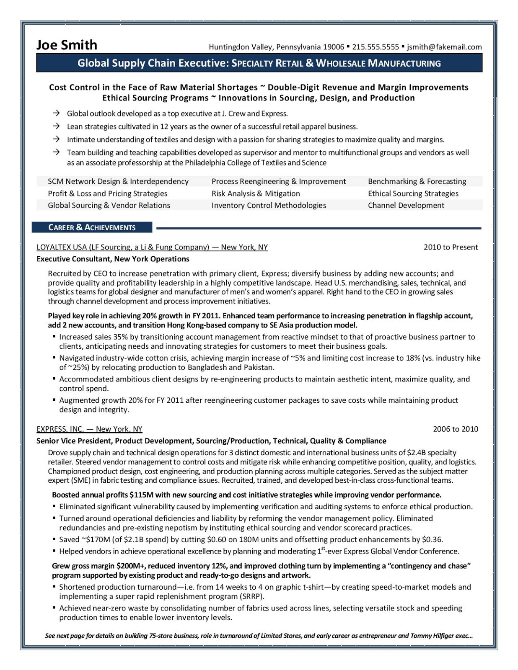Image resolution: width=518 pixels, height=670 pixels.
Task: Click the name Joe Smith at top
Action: pyautogui.click(x=67, y=45)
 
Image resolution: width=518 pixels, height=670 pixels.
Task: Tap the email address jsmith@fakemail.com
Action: pyautogui.click(x=444, y=47)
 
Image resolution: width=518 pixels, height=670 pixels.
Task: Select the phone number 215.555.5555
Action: pyautogui.click(x=376, y=47)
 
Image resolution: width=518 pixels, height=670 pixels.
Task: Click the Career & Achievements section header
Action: pyautogui.click(x=92, y=227)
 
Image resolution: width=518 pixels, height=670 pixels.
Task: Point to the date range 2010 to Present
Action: pyautogui.click(x=451, y=247)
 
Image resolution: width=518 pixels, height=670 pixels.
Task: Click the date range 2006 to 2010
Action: pyautogui.click(x=455, y=429)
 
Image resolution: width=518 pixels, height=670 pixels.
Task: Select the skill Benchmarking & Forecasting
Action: pyautogui.click(x=417, y=181)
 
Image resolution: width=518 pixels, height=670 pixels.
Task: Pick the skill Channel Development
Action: pyautogui.click(x=406, y=205)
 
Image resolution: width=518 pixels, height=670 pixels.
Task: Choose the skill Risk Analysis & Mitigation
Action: pyautogui.click(x=256, y=193)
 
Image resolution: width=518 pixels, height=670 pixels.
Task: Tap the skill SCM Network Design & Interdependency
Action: pyautogui.click(x=118, y=181)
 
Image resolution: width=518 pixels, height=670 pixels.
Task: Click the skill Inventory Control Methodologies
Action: pyautogui.click(x=269, y=205)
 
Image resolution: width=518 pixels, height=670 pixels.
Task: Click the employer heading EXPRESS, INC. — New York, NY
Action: pyautogui.click(x=89, y=429)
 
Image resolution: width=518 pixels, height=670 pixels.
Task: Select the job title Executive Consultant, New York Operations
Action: pyautogui.click(x=113, y=259)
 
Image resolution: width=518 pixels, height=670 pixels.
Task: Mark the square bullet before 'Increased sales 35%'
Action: pyautogui.click(x=54, y=336)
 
